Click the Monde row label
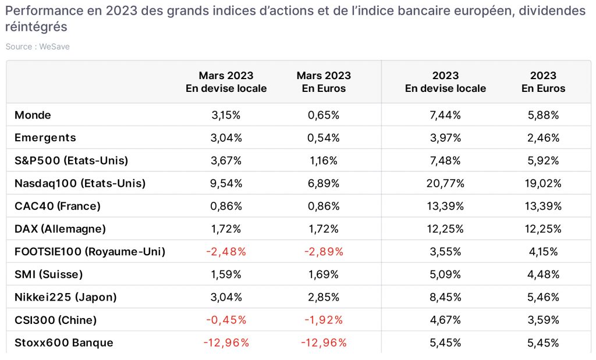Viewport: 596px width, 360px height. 33,115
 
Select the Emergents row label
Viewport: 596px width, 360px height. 45,138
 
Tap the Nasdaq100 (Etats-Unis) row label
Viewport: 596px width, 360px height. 80,183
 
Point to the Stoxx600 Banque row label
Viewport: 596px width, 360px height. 64,343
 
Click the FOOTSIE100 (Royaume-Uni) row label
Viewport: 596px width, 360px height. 90,252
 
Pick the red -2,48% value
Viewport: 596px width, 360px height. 226,252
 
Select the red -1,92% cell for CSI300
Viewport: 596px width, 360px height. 324,320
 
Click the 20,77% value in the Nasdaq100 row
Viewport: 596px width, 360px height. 445,183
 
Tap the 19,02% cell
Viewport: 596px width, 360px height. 543,183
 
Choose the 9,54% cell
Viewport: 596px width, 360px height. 226,183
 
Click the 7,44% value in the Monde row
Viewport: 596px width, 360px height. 445,115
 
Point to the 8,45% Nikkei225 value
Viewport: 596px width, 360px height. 445,297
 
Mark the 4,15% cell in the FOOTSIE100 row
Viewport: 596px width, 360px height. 543,252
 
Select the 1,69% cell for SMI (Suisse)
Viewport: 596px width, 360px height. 324,275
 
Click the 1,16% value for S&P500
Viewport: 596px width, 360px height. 324,161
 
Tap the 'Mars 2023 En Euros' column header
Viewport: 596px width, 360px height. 324,82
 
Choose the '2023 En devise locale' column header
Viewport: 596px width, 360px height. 445,82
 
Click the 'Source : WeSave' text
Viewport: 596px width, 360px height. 38,47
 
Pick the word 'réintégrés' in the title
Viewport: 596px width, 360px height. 36,27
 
